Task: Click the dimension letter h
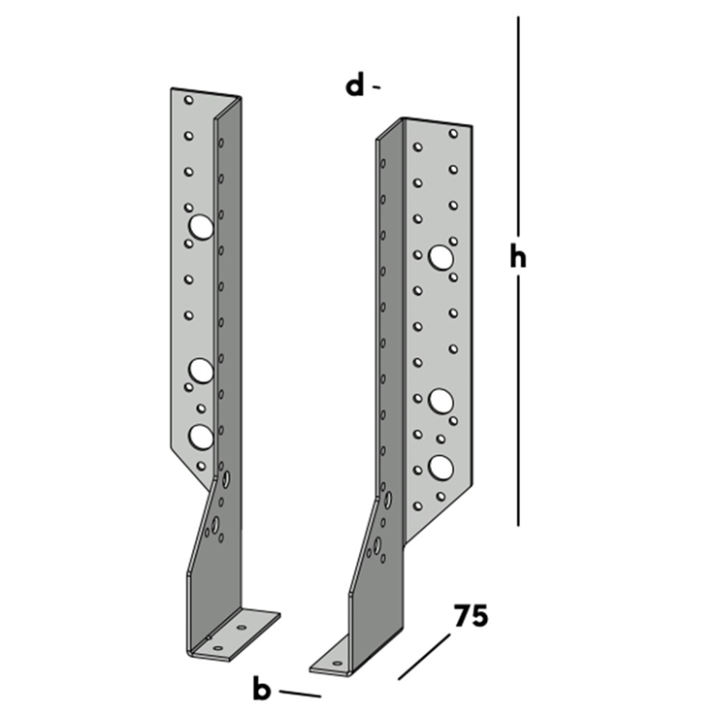(x=518, y=257)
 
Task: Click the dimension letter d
(x=355, y=85)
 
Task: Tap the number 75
(x=471, y=616)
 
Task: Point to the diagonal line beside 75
(x=424, y=657)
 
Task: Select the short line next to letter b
(x=300, y=694)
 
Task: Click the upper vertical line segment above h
(x=518, y=124)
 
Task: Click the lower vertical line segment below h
(x=518, y=401)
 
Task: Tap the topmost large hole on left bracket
(x=201, y=227)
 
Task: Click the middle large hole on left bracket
(x=202, y=370)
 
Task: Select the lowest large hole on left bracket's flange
(x=201, y=437)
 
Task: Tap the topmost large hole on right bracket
(x=441, y=257)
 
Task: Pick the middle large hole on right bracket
(x=441, y=401)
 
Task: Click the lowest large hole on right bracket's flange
(x=441, y=468)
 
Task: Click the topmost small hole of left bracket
(x=188, y=100)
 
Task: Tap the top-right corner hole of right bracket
(x=453, y=133)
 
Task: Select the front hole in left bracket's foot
(x=218, y=647)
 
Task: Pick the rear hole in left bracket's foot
(x=242, y=627)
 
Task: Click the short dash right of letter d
(x=376, y=86)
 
